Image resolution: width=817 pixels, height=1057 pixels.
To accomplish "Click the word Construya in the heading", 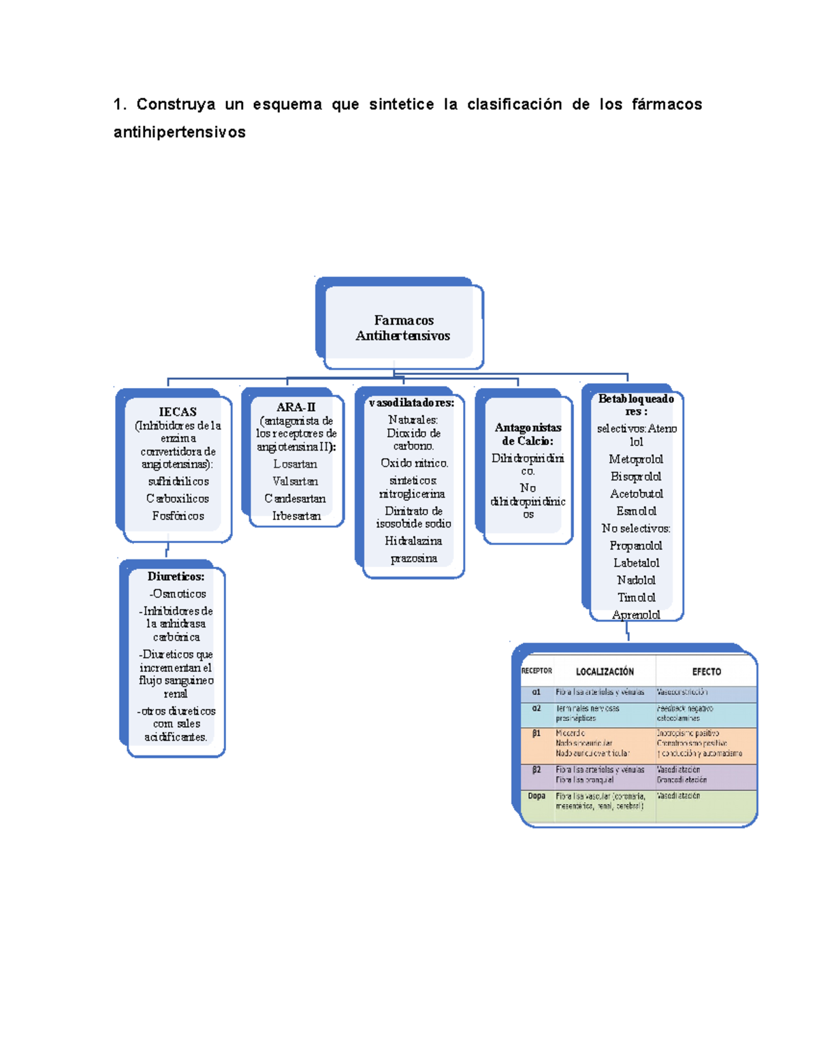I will click(x=176, y=104).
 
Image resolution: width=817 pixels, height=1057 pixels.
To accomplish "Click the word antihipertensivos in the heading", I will click(x=180, y=132).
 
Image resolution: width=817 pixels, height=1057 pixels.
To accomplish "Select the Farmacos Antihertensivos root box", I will click(x=402, y=327).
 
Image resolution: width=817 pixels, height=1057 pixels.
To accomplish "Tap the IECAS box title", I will click(x=178, y=412).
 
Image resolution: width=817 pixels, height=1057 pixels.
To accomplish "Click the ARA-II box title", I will click(x=295, y=407).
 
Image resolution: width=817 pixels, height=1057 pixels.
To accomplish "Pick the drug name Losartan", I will click(x=295, y=464).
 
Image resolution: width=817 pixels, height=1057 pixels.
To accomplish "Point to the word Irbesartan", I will click(x=296, y=516).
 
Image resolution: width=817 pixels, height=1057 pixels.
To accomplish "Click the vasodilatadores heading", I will click(x=411, y=403).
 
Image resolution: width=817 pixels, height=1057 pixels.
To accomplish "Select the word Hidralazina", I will click(x=413, y=541).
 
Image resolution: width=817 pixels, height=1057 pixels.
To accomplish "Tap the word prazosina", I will click(x=413, y=559).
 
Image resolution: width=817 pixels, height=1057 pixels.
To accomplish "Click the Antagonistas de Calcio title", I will click(x=528, y=434).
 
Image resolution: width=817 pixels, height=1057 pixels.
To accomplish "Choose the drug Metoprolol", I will click(x=636, y=459).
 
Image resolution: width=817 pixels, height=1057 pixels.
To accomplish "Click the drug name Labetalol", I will click(x=636, y=563).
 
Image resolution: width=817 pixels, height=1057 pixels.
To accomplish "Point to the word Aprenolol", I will click(x=636, y=615).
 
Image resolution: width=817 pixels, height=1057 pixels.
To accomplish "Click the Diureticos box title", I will click(x=176, y=576).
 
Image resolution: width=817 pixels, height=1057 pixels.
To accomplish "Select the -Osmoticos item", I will click(x=177, y=593).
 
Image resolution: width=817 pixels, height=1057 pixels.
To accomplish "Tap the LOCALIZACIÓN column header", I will click(x=605, y=672).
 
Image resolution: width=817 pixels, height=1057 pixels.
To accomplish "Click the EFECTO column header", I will click(x=706, y=672).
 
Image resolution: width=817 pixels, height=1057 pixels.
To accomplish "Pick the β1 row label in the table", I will click(x=536, y=734).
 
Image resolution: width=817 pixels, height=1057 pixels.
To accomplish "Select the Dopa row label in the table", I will click(x=536, y=796).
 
